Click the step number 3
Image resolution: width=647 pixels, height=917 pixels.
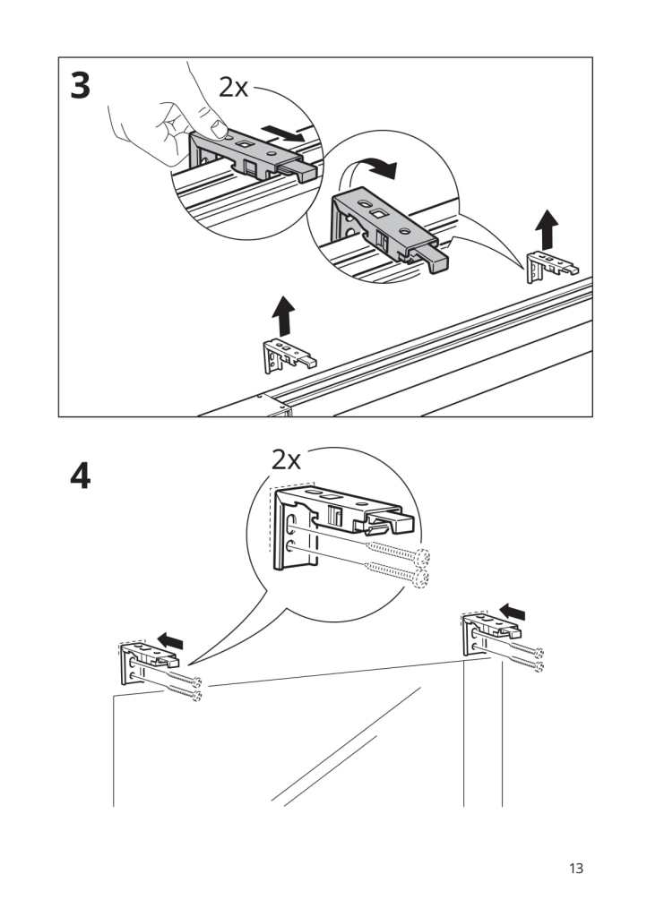[x=81, y=86]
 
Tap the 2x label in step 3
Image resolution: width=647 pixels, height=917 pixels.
[x=233, y=87]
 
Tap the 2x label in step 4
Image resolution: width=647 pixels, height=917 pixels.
[x=286, y=460]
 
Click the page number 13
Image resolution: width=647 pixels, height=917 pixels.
[x=575, y=868]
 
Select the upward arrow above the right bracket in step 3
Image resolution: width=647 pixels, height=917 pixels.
[x=546, y=231]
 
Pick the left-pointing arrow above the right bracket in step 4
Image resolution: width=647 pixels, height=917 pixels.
[x=513, y=611]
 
